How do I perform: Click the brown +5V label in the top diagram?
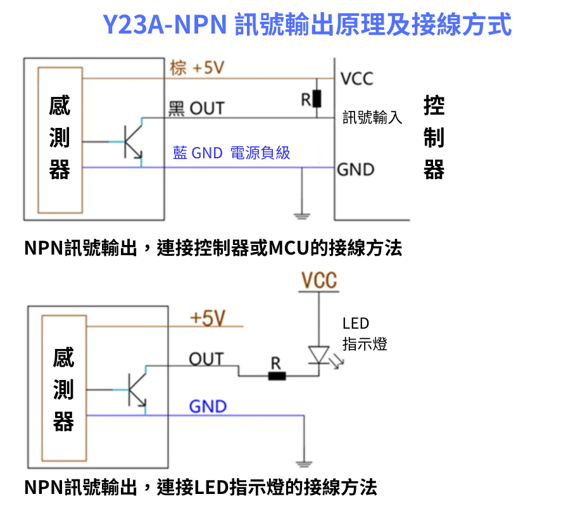(197, 68)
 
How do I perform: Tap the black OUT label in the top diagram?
(196, 108)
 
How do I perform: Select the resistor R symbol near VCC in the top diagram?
(316, 99)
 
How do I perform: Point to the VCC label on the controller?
(357, 79)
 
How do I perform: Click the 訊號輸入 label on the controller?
(372, 118)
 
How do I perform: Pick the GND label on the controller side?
(356, 169)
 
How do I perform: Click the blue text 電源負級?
(260, 153)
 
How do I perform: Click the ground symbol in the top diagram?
(302, 215)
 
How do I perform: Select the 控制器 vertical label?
(434, 137)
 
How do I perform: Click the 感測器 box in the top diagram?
(60, 139)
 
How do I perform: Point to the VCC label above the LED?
(319, 281)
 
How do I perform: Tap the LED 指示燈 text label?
(364, 334)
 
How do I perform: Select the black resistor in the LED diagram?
(277, 376)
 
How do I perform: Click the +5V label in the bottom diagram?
(208, 318)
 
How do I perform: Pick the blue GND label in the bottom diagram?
(208, 406)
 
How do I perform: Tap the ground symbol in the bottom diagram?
(305, 462)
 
